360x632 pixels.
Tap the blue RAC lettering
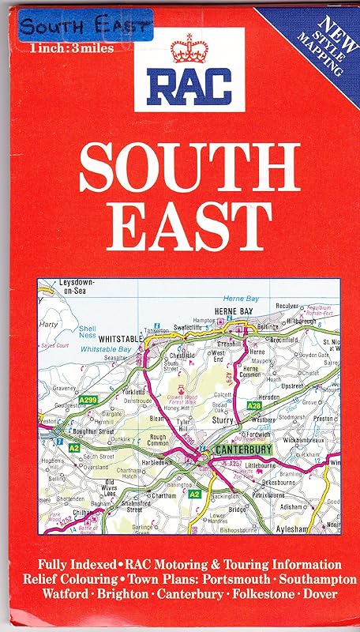(187, 84)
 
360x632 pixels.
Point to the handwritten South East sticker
(84, 27)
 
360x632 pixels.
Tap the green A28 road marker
(254, 405)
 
